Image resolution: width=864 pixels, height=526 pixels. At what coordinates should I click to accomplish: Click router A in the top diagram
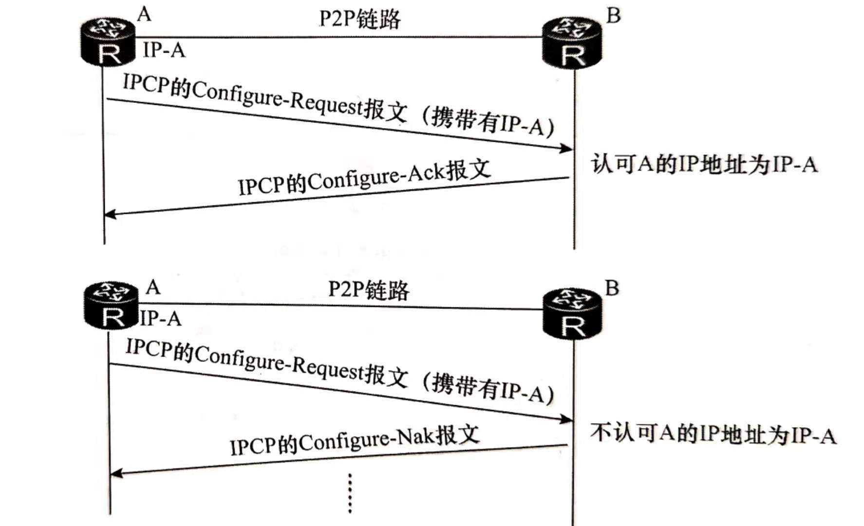(108, 42)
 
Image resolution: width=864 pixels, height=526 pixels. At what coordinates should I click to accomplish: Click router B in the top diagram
(572, 42)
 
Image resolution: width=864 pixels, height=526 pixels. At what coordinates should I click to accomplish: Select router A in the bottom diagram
(111, 306)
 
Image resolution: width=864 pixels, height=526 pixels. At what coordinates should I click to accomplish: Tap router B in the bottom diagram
(572, 314)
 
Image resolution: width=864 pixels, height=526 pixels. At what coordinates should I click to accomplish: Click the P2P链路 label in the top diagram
(359, 19)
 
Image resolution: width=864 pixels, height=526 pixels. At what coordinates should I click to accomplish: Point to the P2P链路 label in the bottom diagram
(369, 290)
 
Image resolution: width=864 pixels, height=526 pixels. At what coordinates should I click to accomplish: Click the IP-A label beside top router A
(164, 50)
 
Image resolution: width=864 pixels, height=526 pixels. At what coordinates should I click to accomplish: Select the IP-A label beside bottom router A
(161, 319)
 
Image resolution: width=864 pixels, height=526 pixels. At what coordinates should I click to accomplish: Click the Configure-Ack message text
(364, 178)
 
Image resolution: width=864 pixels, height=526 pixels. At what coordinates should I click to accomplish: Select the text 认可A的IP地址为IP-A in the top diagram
(704, 164)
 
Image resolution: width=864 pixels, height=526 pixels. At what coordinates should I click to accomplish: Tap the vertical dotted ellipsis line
(350, 493)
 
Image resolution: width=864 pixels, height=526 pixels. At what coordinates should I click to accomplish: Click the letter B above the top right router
(613, 16)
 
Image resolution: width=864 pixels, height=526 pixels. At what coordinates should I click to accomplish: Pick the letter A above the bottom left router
(153, 287)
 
